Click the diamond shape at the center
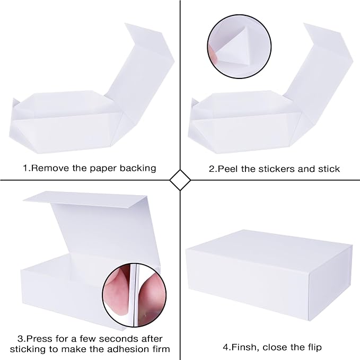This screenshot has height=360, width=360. coord(180,180)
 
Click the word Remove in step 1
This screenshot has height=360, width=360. coord(48,168)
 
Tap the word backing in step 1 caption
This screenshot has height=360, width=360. coord(138,168)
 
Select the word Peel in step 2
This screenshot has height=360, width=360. coord(226,169)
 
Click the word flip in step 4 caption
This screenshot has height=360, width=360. coord(312,347)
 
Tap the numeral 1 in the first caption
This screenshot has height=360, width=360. coord(25,168)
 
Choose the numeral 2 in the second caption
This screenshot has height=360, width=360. coord(212,169)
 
